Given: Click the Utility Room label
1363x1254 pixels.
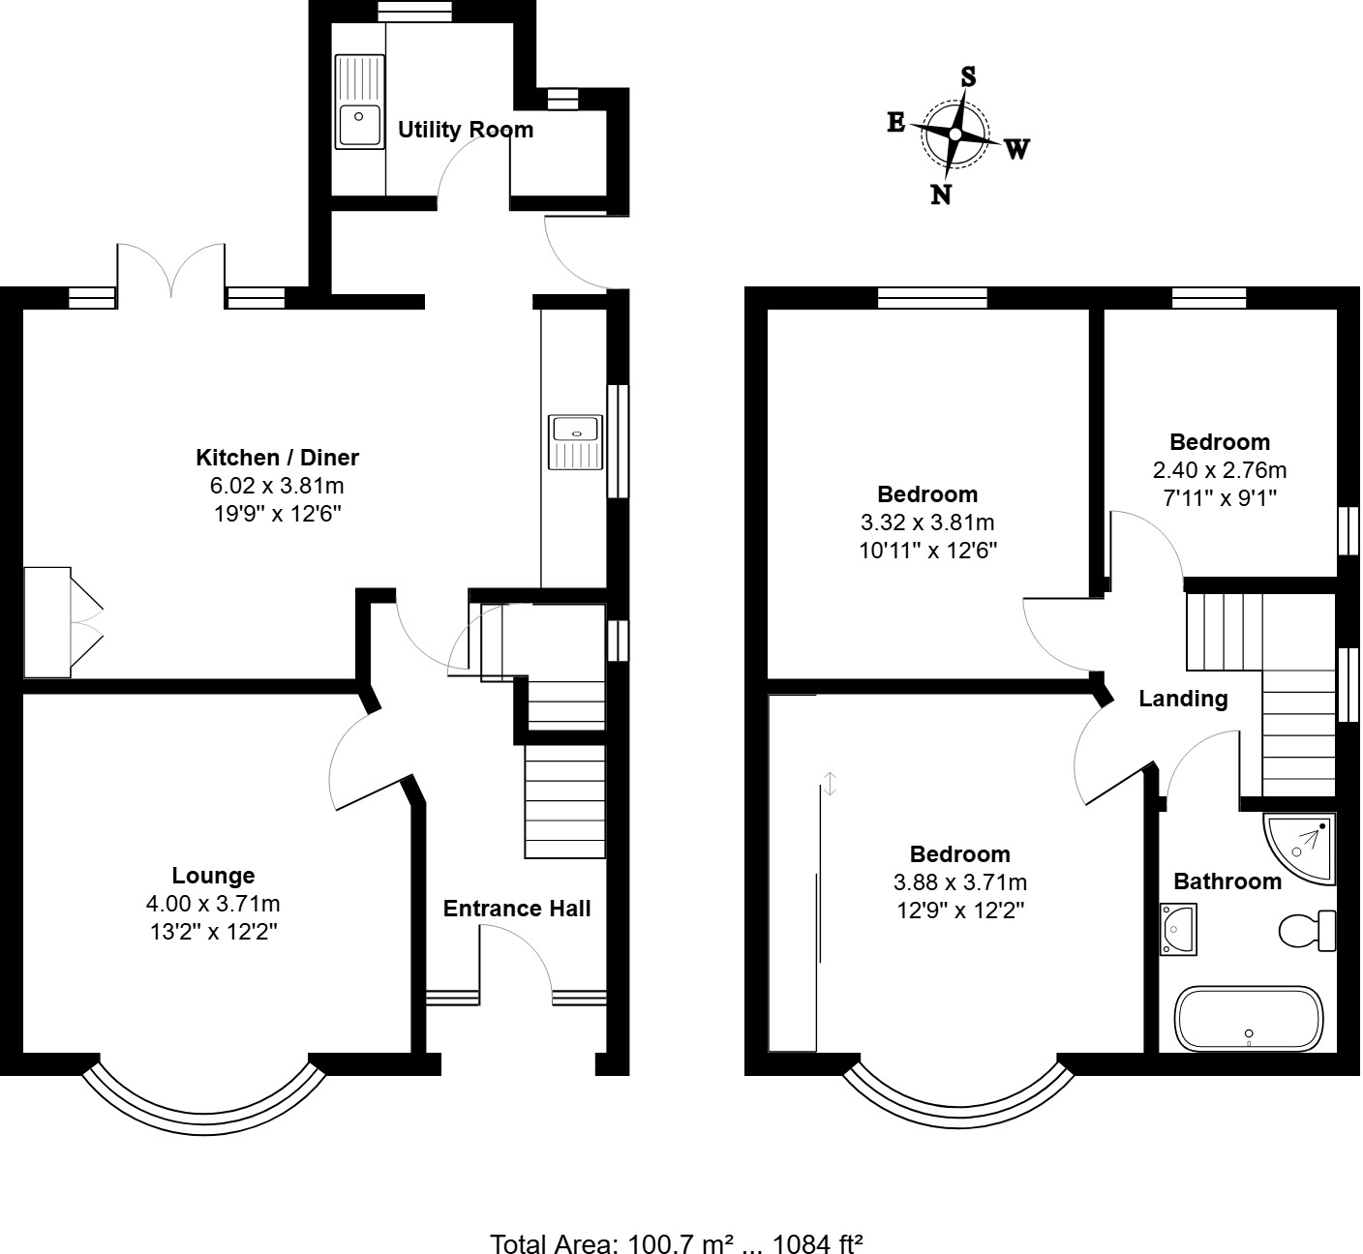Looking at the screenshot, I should click(466, 130).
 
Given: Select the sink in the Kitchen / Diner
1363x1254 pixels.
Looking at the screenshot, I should click(575, 440).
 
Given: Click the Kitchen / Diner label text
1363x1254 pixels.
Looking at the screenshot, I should click(278, 458).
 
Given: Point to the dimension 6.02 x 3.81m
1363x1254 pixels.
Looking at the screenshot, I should click(278, 486).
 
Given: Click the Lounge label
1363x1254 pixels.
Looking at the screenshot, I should click(213, 876).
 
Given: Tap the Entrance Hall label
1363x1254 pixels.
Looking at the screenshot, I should click(517, 909).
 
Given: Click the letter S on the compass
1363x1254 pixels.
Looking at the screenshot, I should click(967, 76).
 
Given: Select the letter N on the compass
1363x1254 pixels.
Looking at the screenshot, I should click(940, 194).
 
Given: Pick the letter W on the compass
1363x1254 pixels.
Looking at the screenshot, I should click(1016, 149).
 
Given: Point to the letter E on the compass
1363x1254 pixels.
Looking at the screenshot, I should click(896, 122).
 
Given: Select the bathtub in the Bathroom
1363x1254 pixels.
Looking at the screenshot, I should click(1247, 1019).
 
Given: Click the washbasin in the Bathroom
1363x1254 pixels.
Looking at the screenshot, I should click(1178, 929).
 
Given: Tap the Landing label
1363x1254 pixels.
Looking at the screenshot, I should click(1183, 699).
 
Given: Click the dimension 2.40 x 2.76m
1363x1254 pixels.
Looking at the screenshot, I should click(1220, 471).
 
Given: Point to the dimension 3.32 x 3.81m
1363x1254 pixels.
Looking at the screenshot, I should click(927, 523).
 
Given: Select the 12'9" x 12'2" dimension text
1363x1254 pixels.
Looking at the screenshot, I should click(959, 911).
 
